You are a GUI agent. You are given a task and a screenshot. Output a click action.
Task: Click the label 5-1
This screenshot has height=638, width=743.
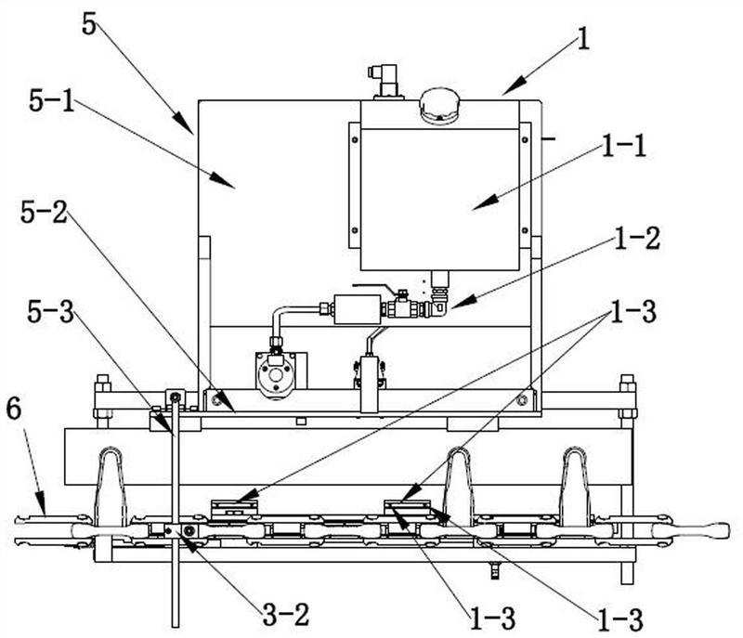[x=52, y=101]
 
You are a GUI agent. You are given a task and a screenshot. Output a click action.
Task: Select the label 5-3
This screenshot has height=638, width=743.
[x=51, y=312]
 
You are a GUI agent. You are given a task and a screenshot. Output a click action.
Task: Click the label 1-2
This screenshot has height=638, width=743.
[x=636, y=239]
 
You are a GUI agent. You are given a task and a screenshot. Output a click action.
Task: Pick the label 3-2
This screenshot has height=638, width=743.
[x=286, y=616]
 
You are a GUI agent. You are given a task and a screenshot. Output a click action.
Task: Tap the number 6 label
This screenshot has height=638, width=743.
[x=14, y=409]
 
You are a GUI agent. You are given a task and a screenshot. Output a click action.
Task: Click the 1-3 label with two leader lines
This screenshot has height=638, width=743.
[x=633, y=312]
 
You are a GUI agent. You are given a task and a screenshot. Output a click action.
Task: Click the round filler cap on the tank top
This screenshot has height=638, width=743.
[x=439, y=105]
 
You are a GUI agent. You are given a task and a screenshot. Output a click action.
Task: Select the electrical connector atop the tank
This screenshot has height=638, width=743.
[x=385, y=81]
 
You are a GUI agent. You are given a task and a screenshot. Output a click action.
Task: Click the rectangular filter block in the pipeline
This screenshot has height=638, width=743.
[x=358, y=309]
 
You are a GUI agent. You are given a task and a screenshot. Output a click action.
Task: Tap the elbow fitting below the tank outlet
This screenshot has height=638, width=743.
[x=438, y=308]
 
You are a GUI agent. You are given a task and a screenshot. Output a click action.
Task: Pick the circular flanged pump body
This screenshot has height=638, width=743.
[x=275, y=373]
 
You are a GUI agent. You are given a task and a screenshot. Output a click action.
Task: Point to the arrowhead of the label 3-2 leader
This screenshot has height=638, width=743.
[x=188, y=544]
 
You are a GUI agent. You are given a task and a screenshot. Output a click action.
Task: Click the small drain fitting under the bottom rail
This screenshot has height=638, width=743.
[x=495, y=571]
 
